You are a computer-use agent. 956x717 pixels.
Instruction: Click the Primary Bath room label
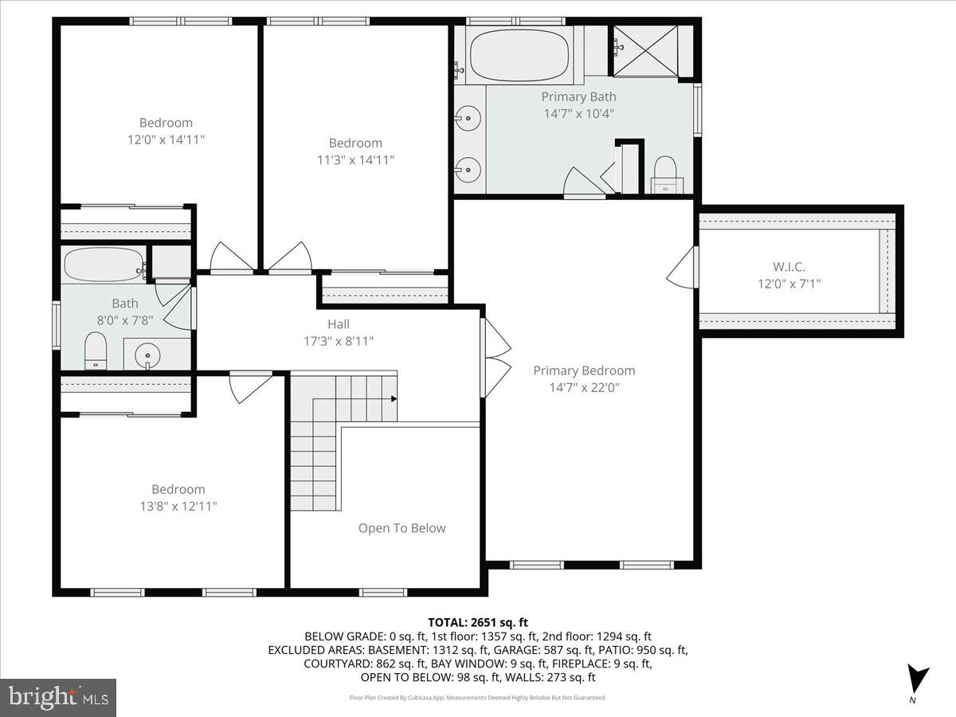[578, 96]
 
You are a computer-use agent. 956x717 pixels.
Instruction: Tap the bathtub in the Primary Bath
[519, 54]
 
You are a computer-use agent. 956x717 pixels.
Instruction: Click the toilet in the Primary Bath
[664, 173]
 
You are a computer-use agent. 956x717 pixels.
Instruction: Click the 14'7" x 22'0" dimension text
[584, 388]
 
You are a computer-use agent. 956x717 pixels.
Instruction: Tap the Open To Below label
[402, 528]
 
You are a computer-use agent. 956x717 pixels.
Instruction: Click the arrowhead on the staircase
[394, 398]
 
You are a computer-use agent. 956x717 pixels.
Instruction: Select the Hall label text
[339, 324]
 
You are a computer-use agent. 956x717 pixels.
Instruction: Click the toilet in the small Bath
[96, 351]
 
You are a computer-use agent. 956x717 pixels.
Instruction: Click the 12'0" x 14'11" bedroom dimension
[166, 139]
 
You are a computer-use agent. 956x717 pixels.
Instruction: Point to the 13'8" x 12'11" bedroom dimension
[178, 506]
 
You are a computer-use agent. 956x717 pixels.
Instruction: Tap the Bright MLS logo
[58, 697]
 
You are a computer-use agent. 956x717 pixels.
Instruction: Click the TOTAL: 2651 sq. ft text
[478, 622]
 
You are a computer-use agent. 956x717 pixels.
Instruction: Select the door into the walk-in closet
[683, 267]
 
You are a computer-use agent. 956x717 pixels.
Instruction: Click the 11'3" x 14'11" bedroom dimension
[355, 159]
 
